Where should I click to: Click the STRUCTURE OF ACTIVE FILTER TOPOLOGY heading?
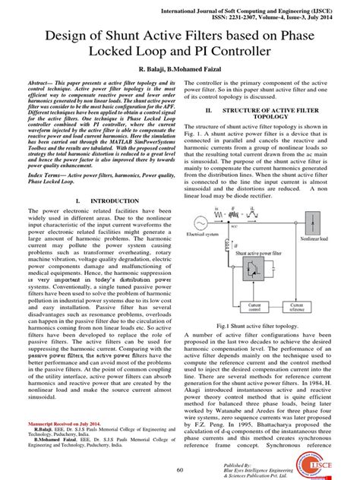(x=270, y=113)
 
